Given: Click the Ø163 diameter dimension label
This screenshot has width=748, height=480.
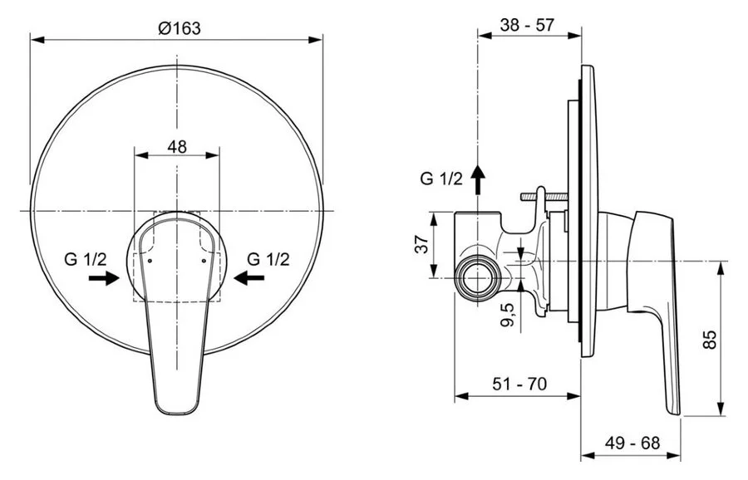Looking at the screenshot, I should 178,28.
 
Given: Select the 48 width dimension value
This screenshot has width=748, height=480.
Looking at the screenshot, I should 177,147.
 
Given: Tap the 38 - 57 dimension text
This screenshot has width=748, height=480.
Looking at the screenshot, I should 528,25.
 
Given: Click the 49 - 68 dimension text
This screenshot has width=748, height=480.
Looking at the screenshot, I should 633,443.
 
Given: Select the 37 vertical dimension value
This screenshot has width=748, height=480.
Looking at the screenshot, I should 421,245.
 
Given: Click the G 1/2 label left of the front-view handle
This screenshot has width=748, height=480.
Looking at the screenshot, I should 84,259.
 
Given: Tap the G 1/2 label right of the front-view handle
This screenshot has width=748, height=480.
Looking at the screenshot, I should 268,259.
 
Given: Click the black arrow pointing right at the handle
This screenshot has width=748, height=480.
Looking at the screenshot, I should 105,279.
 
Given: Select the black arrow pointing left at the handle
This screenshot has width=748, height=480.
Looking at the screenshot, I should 248,279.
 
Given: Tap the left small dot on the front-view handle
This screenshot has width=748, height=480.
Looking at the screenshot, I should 149,259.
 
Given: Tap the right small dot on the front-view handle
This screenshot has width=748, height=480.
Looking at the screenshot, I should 204,259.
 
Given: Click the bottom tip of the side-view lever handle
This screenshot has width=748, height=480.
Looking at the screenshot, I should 675,412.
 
